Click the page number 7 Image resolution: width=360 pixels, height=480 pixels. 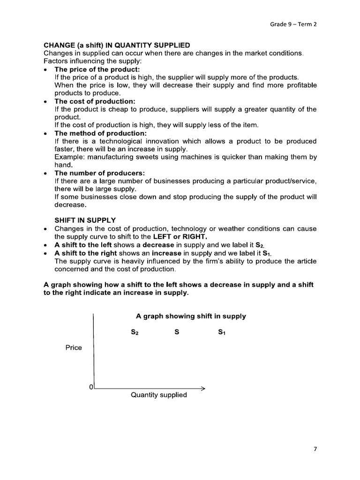[x=315, y=449]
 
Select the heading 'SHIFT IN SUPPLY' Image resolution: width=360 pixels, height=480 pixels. [x=85, y=220]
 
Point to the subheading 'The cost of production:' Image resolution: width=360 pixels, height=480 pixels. [x=95, y=101]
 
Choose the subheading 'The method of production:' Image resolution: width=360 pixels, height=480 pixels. [x=100, y=133]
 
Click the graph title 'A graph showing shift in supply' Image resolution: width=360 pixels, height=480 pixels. [x=191, y=316]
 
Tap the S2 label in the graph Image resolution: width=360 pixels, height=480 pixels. [x=135, y=333]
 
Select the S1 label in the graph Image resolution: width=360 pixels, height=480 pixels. [x=222, y=333]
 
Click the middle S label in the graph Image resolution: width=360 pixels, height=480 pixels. [x=177, y=332]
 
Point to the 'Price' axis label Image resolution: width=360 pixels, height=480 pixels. [x=74, y=347]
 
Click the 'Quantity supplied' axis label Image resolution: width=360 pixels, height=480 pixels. [x=158, y=395]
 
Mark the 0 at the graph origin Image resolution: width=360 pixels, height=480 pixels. [x=91, y=387]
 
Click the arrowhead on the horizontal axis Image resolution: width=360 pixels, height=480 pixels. [x=203, y=388]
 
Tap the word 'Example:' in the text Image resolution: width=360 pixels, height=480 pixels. [x=70, y=157]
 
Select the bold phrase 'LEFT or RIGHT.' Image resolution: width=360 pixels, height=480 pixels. [x=180, y=236]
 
